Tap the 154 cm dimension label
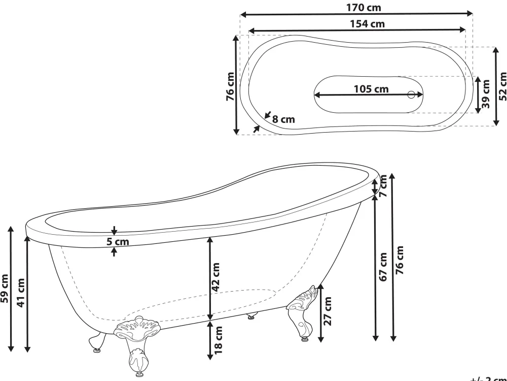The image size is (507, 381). point(366,23)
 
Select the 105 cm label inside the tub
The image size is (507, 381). point(371,89)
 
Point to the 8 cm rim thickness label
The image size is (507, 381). point(283,119)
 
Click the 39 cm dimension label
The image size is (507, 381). point(486,94)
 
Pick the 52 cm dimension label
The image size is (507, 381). point(502,86)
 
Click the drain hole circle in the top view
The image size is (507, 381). point(412,94)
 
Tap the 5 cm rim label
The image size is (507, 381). point(118,242)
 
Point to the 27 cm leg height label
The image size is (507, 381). point(328,311)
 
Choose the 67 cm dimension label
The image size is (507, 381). point(383,267)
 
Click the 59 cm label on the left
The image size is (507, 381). point(5,289)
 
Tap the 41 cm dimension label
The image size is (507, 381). point(21,293)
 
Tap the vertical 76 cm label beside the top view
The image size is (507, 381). point(231,86)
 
